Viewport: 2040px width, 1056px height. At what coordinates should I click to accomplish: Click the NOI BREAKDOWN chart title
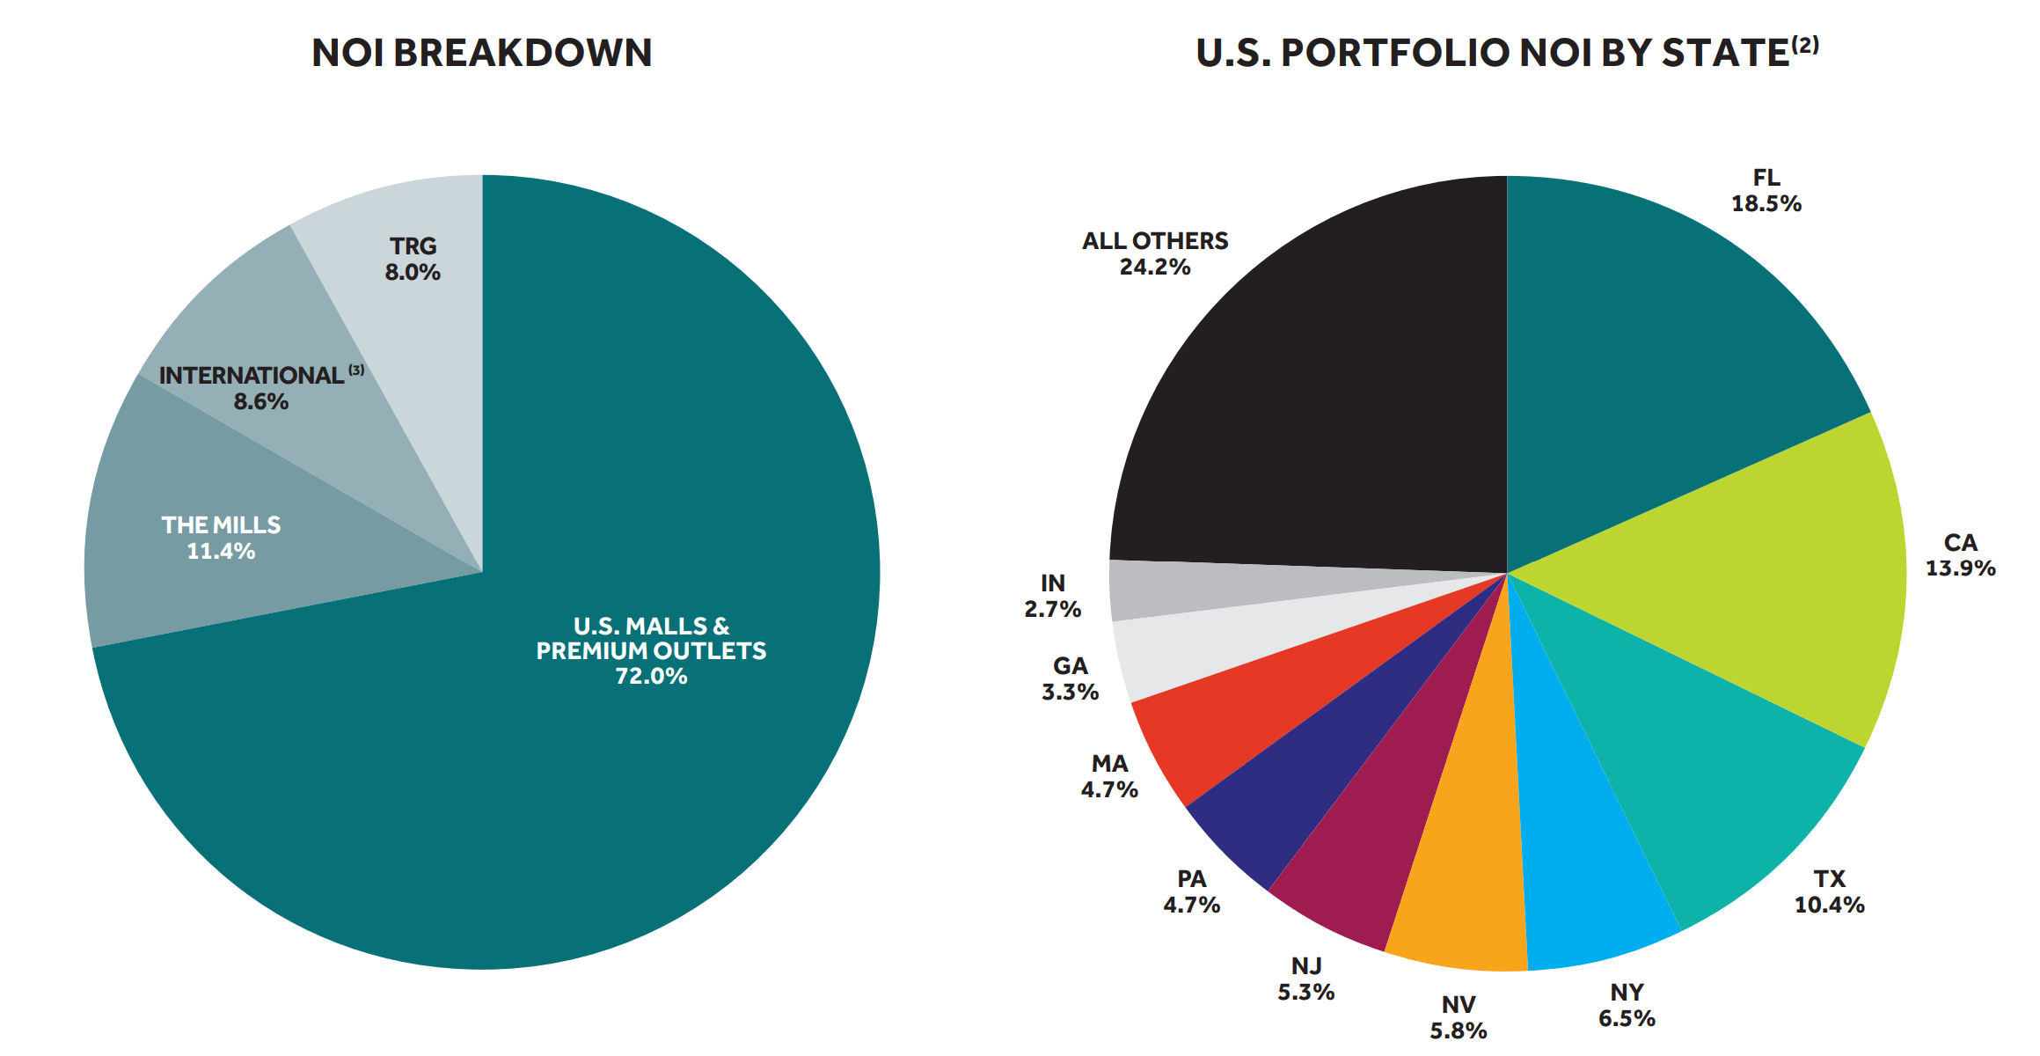click(481, 53)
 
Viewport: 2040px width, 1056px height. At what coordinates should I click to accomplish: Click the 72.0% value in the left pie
click(651, 676)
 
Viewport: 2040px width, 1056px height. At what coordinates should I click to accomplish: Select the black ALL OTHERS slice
click(1320, 396)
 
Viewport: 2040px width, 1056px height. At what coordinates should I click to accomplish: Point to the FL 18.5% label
click(1766, 191)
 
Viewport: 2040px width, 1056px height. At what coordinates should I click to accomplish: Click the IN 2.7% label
click(1052, 596)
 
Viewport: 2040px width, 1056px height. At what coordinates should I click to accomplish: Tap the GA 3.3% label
click(1070, 678)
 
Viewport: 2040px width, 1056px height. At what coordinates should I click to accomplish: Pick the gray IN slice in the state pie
click(1232, 588)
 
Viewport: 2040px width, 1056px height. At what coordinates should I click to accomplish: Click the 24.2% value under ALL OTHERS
click(1154, 267)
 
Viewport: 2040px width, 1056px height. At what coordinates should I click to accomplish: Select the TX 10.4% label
click(1829, 891)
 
